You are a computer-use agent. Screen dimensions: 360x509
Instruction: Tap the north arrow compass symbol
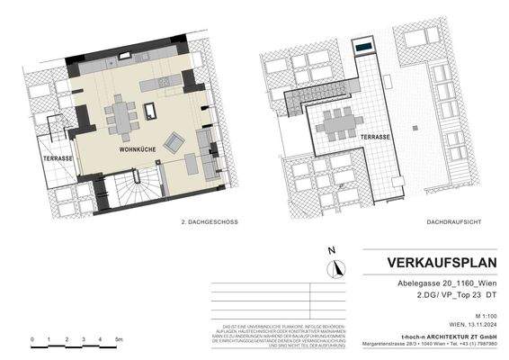(335, 266)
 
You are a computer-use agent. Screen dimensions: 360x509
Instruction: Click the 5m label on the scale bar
(118, 338)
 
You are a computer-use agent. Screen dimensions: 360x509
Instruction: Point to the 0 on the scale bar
(32, 338)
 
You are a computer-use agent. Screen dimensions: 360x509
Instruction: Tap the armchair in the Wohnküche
(175, 139)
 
